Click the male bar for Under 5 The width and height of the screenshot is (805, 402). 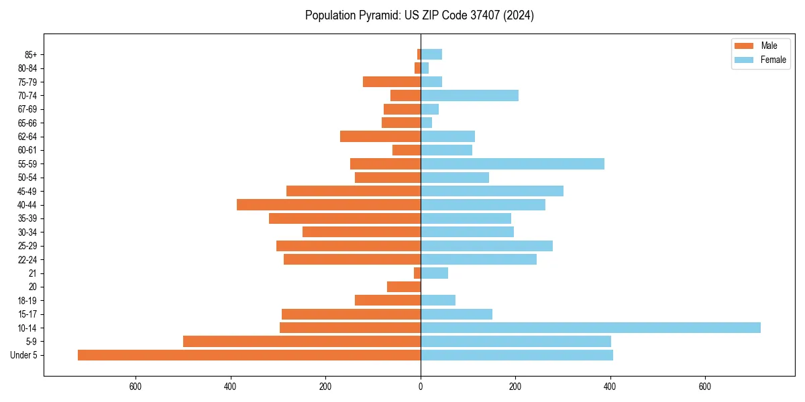(x=249, y=355)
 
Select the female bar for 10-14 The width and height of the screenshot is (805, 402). (x=590, y=328)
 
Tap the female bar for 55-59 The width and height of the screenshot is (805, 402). (x=513, y=163)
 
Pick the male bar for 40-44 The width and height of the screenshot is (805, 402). (x=329, y=204)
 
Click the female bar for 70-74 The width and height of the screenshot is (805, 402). (x=470, y=95)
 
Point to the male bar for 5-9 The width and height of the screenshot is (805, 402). (x=302, y=342)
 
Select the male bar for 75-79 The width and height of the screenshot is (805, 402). (x=392, y=82)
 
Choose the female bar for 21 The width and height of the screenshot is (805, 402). (x=434, y=273)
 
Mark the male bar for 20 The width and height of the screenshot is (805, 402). (x=404, y=287)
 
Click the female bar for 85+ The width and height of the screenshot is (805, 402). (x=431, y=54)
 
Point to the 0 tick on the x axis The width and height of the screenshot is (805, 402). (x=421, y=387)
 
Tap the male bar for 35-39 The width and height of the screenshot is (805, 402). (x=345, y=218)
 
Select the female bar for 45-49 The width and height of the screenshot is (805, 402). (x=492, y=191)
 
